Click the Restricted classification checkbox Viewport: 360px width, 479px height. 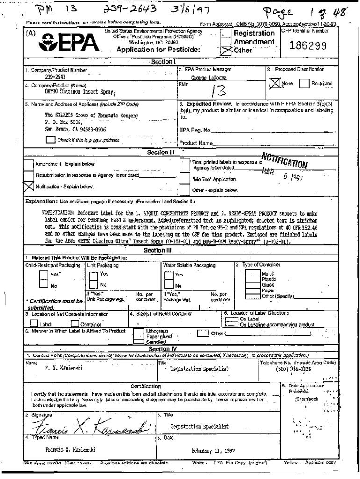[304, 84]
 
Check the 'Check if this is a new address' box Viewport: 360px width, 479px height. [50, 139]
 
